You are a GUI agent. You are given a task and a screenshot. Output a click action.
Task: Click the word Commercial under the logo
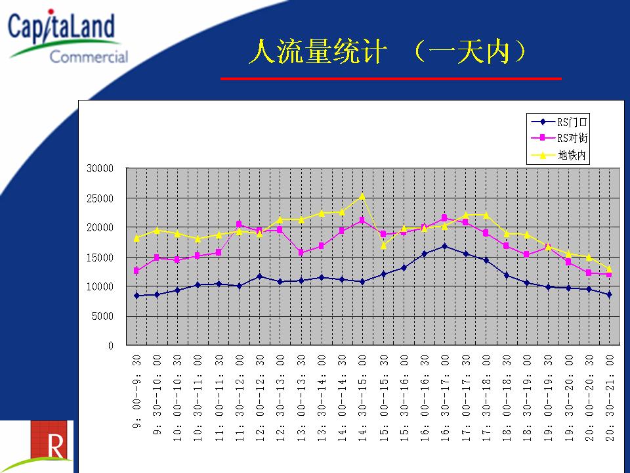[x=89, y=56]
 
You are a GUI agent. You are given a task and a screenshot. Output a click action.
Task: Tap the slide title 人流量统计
[x=318, y=51]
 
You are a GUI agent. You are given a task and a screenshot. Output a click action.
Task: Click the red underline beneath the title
[x=391, y=78]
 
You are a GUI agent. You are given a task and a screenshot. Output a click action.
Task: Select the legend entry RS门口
[x=559, y=122]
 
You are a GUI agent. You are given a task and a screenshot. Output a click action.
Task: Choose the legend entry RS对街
[x=559, y=138]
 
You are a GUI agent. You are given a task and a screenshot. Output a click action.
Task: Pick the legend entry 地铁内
[x=559, y=155]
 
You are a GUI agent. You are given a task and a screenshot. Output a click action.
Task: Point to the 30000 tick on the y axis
[x=100, y=169]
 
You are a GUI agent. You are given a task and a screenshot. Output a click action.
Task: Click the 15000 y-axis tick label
[x=100, y=258]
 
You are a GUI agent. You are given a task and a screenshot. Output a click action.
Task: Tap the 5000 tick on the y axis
[x=102, y=317]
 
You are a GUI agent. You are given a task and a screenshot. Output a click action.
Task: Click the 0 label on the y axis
[x=111, y=346]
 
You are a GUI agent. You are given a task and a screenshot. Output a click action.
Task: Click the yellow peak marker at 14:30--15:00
[x=362, y=196]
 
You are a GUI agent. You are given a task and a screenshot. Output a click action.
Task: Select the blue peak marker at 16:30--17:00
[x=444, y=246]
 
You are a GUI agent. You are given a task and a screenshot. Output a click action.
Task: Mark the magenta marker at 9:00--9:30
[x=136, y=271]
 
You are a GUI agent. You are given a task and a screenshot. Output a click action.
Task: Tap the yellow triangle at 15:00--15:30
[x=383, y=245]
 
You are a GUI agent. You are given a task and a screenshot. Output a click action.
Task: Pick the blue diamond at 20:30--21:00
[x=609, y=294]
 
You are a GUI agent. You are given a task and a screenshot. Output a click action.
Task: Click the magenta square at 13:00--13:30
[x=301, y=252]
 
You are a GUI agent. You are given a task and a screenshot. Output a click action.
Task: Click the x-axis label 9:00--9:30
[x=136, y=392]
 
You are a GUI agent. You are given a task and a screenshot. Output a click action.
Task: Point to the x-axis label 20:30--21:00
[x=610, y=398]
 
